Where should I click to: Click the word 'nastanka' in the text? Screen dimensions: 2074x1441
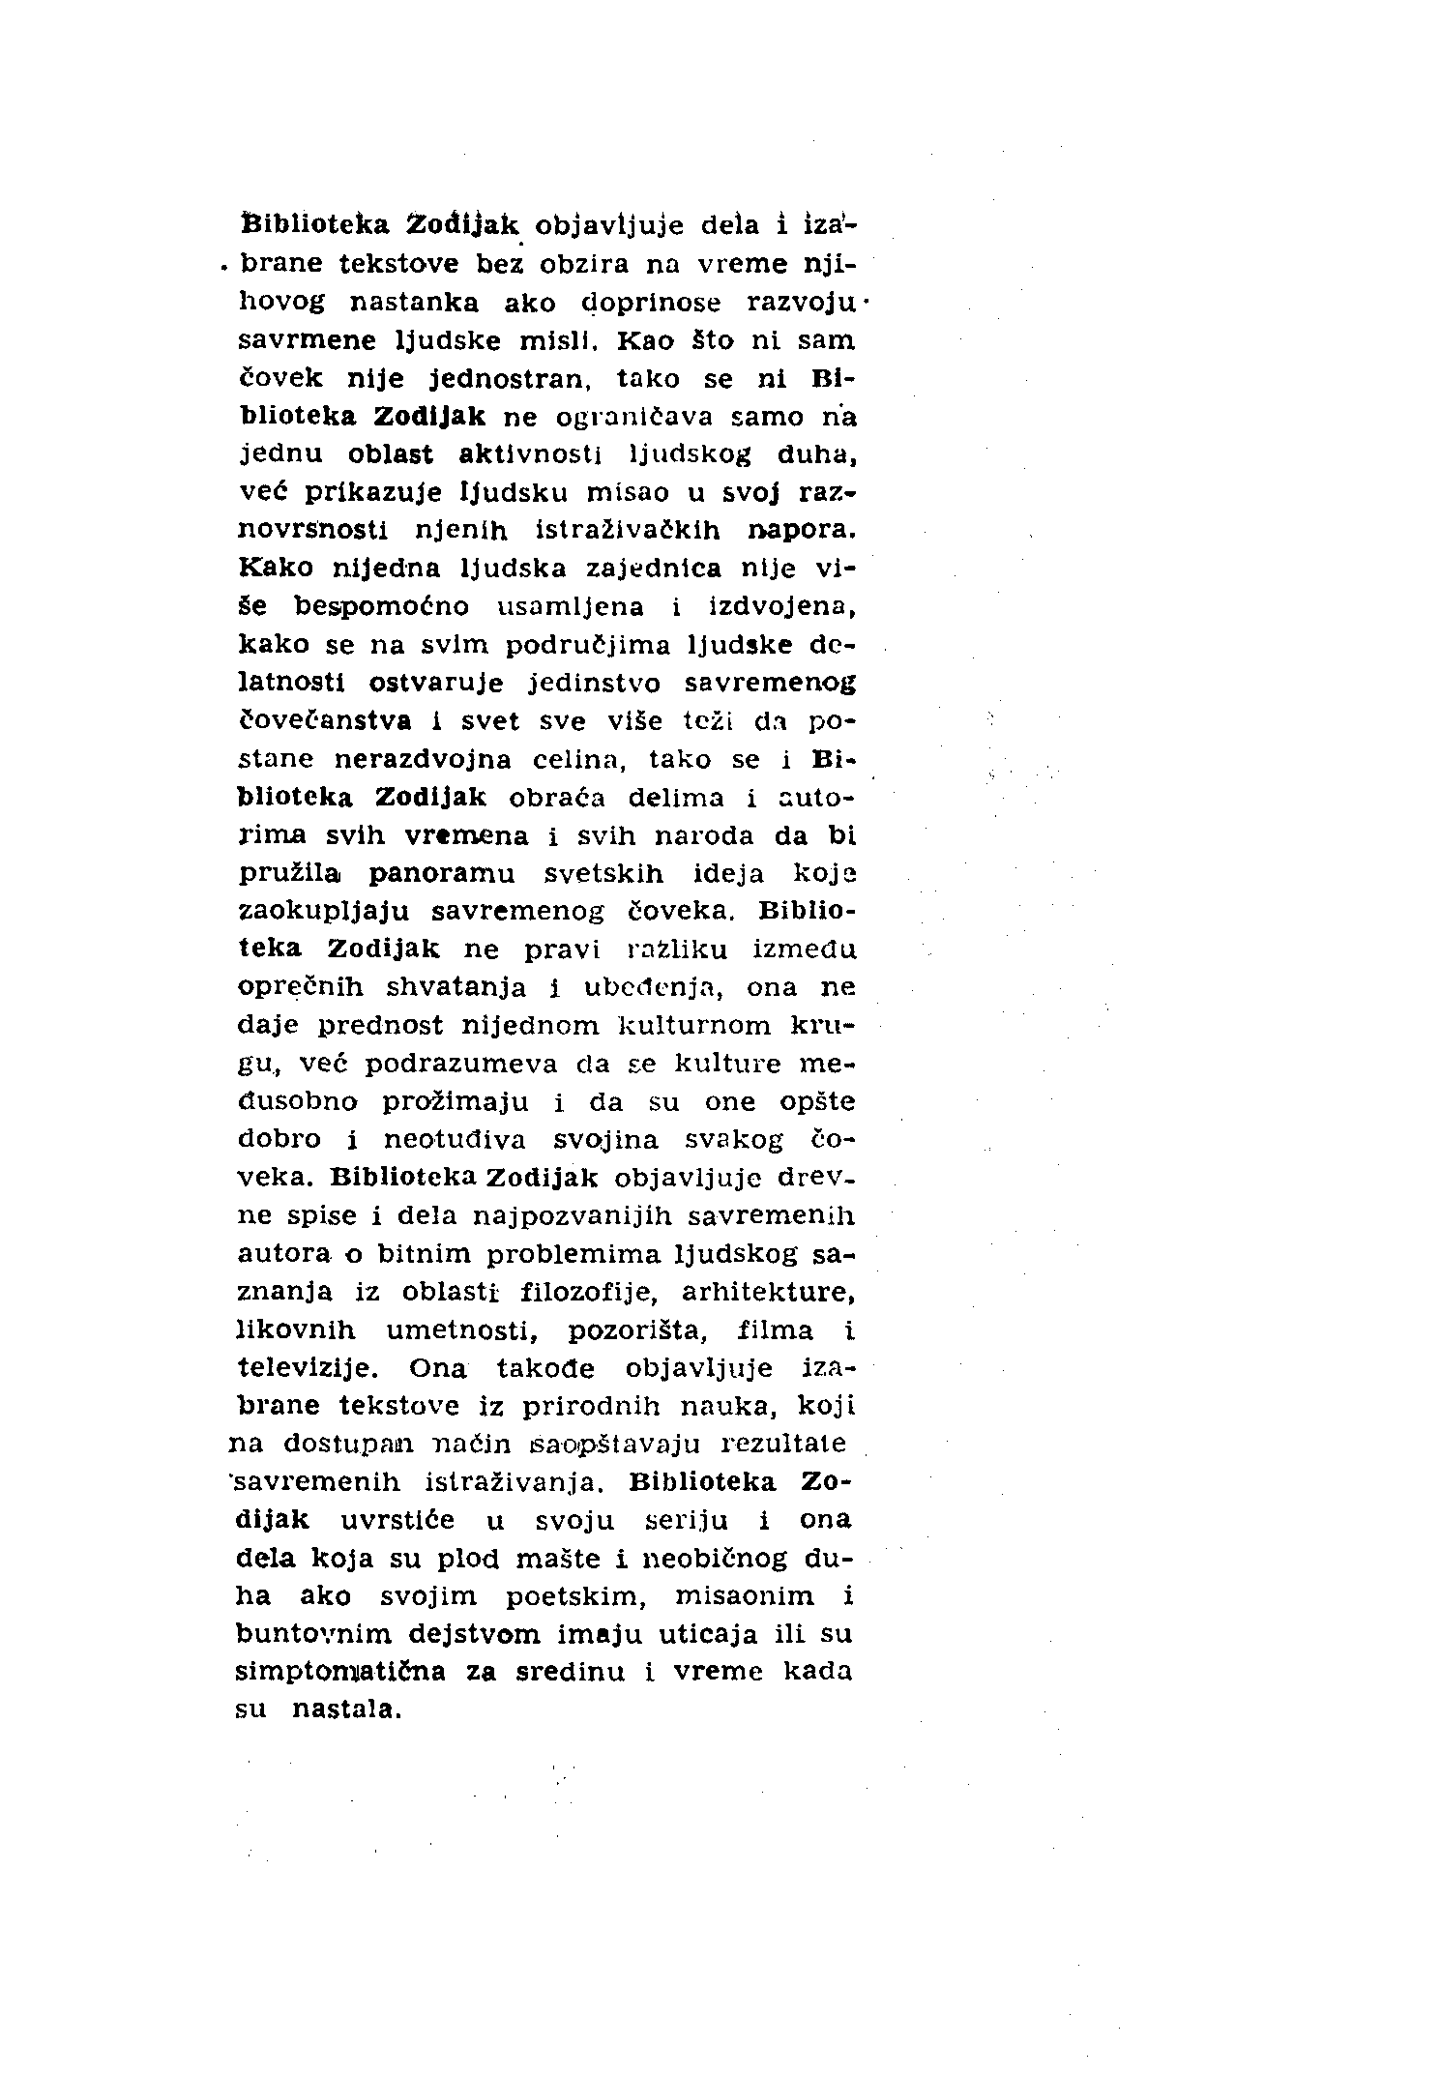(x=413, y=304)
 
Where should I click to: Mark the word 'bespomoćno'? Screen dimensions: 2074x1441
(x=381, y=607)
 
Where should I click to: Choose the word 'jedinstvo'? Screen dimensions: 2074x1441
(x=595, y=684)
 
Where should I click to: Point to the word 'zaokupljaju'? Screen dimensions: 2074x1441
(x=324, y=912)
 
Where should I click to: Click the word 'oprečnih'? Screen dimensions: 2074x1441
(x=301, y=988)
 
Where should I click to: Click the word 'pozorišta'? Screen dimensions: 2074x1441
(x=637, y=1331)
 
